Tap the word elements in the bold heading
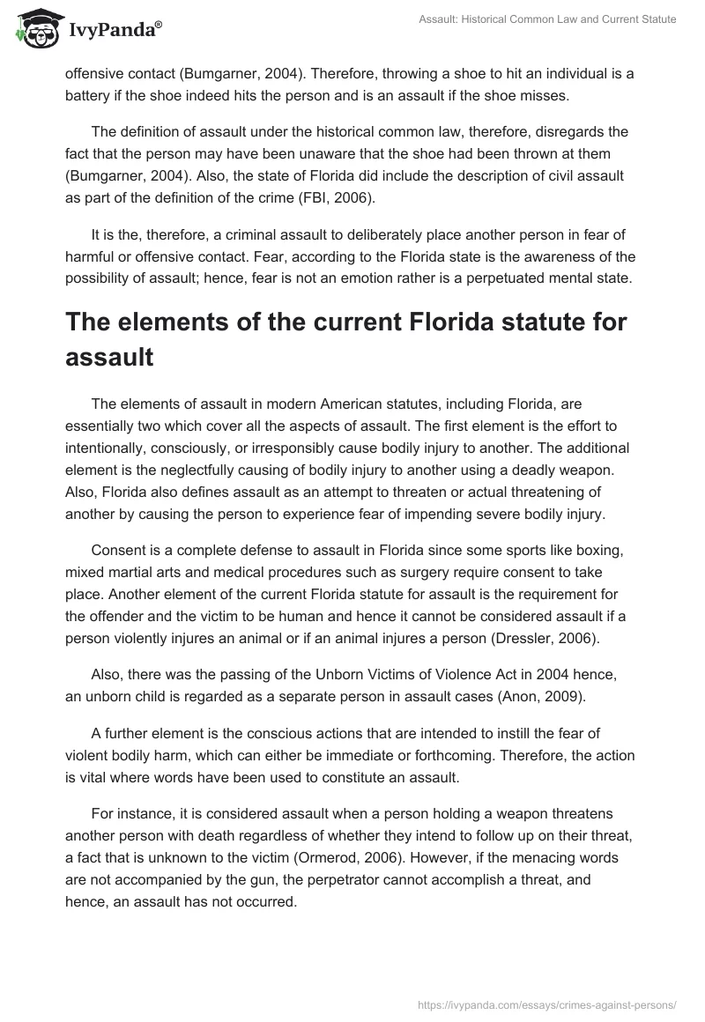pyautogui.click(x=167, y=322)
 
